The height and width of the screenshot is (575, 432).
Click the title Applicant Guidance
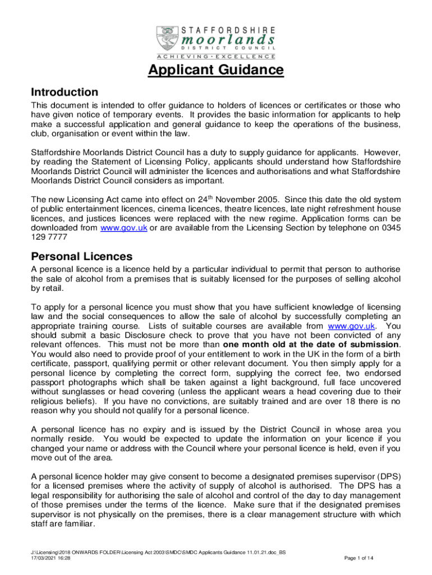(216, 70)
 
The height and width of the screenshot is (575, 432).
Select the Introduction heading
(65, 92)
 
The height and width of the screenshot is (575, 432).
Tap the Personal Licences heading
(81, 256)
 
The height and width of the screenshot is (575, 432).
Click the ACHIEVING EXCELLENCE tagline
(216, 56)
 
